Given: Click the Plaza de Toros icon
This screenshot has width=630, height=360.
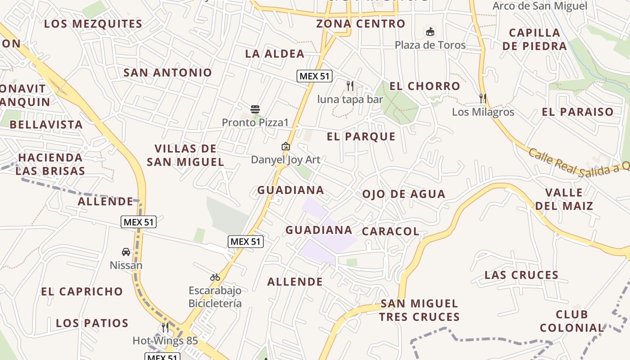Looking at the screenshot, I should click(430, 32).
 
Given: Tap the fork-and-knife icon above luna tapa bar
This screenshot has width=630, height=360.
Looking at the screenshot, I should click(350, 85).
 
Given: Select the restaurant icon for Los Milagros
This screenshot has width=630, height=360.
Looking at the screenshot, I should click(483, 98).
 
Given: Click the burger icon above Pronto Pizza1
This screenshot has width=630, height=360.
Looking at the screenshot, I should click(255, 109).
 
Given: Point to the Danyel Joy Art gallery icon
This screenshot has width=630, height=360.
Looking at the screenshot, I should click(285, 146).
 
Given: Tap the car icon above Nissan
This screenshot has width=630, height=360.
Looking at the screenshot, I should click(126, 252).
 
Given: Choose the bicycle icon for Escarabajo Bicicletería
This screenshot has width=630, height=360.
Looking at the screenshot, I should click(215, 277).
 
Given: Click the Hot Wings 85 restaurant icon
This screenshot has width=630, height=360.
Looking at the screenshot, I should click(165, 327).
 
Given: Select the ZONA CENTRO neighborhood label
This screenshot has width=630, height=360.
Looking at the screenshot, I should click(360, 24).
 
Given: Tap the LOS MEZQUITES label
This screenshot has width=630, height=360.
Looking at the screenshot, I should click(93, 24).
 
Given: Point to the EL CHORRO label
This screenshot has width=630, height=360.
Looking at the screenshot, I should click(425, 86).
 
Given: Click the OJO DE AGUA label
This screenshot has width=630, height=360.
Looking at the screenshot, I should click(404, 194).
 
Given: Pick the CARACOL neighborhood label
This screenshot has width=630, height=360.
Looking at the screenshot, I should click(390, 231).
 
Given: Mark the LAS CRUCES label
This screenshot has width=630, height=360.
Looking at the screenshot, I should click(522, 275).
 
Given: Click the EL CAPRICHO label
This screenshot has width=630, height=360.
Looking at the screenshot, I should click(82, 292).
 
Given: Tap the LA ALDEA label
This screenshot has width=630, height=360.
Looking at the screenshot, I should click(274, 54).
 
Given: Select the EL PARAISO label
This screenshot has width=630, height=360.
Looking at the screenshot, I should click(578, 112).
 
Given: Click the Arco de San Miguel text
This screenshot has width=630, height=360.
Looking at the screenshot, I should click(540, 6).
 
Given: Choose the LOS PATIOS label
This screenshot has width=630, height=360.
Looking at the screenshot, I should click(92, 323).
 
